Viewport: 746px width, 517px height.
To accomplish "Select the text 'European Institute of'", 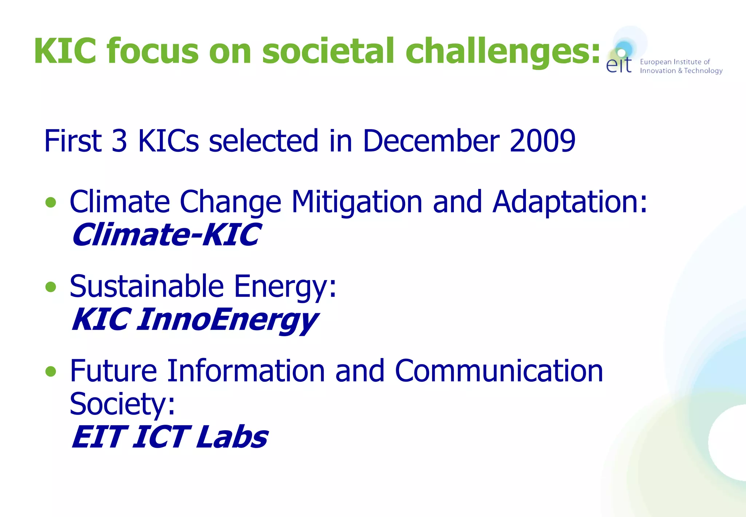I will [675, 62].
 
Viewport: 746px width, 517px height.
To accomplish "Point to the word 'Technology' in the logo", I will [703, 71].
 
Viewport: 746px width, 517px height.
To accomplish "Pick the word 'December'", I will [431, 141].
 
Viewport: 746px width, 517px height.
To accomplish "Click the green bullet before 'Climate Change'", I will [51, 202].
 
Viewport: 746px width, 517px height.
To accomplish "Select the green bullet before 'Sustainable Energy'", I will [51, 287].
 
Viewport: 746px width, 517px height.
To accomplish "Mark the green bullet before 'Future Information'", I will [51, 371].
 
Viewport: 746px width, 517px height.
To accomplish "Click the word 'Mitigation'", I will [357, 202].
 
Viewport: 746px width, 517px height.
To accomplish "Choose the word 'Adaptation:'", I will [569, 202].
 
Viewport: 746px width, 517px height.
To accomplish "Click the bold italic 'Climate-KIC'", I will [166, 235].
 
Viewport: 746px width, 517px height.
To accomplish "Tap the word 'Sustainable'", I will [146, 286].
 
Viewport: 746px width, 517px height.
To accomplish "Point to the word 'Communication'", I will [499, 371].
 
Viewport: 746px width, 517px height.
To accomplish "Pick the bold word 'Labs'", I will [232, 437].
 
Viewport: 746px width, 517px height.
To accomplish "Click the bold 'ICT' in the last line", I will [161, 437].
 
